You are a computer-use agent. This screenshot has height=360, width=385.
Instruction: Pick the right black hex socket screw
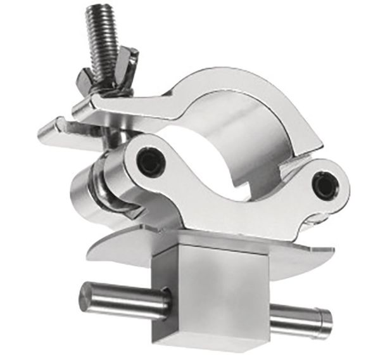pyautogui.click(x=325, y=184)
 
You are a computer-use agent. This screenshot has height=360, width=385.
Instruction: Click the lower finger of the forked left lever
pyautogui.click(x=51, y=133)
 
